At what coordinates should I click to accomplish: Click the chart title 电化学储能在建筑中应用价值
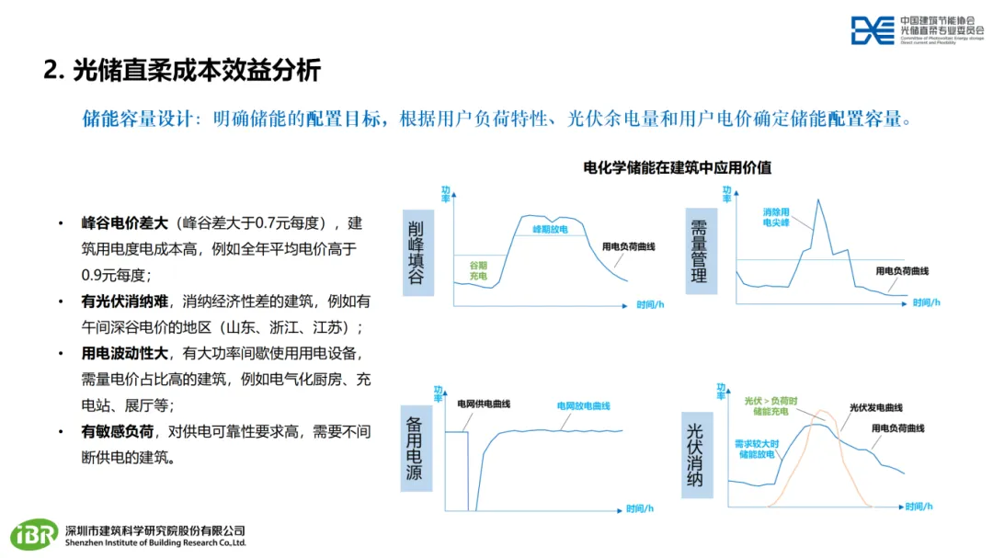(678, 168)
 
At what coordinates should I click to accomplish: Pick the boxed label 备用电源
(416, 448)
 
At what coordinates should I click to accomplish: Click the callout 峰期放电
(551, 228)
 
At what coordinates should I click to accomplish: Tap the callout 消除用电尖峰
(779, 217)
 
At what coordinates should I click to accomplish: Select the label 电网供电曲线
(484, 404)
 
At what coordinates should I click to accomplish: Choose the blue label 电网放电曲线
(583, 405)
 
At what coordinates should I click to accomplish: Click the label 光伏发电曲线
(875, 407)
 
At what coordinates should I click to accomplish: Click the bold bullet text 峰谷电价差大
(125, 222)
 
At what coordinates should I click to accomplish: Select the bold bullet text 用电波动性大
(125, 353)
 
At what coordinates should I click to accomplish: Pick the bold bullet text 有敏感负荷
(117, 431)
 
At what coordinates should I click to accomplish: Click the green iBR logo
(34, 535)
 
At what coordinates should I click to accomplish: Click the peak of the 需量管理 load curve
(818, 199)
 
